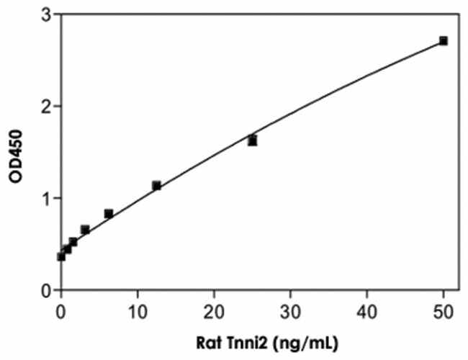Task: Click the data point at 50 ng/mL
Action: click(x=444, y=41)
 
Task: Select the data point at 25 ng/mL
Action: click(x=252, y=140)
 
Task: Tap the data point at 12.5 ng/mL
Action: click(x=156, y=186)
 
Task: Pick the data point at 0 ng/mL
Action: click(x=61, y=256)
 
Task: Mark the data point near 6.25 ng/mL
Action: click(x=109, y=214)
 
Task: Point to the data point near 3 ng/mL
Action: click(x=85, y=230)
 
